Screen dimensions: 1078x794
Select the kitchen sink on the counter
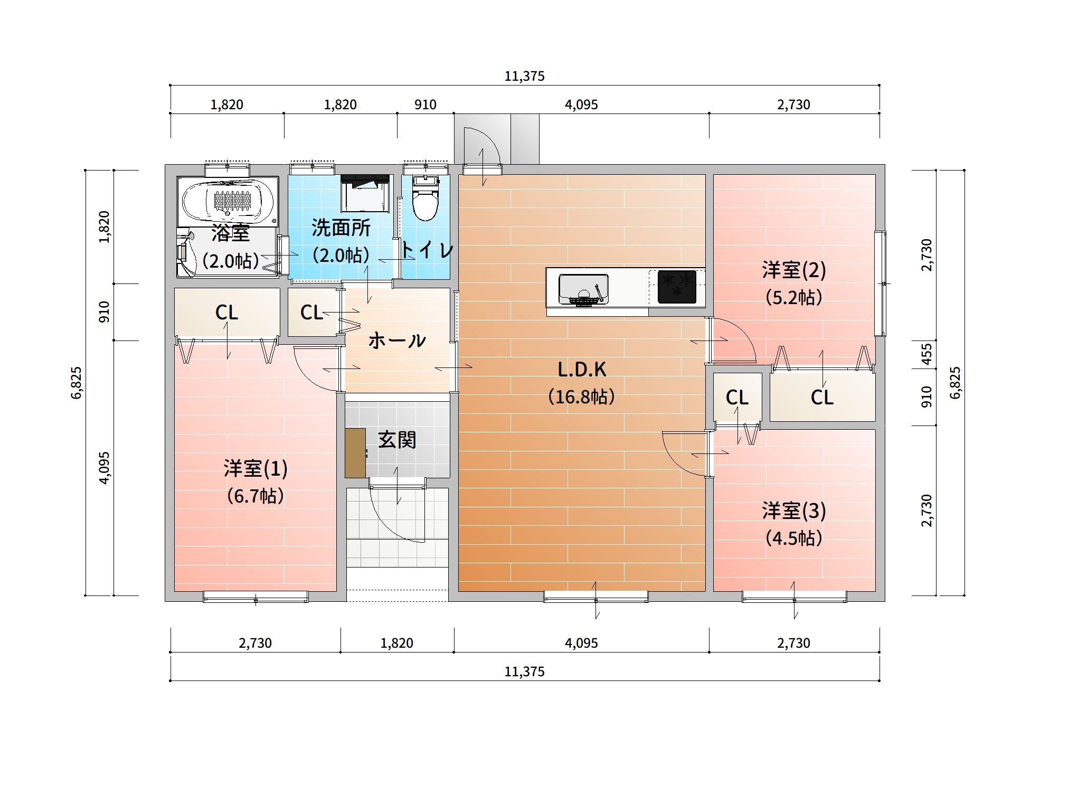tap(583, 290)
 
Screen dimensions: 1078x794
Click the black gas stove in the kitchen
tap(677, 287)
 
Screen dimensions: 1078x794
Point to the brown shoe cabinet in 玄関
tap(355, 453)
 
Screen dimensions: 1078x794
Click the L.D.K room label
tap(582, 370)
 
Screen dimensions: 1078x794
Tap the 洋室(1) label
tap(256, 468)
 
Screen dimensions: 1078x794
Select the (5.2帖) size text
tap(793, 297)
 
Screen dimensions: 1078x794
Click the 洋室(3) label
tap(793, 511)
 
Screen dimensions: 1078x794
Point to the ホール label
tap(397, 341)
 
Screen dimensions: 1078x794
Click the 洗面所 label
tap(341, 228)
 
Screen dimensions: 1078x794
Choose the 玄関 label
tap(397, 440)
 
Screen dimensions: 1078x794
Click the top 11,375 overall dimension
tap(524, 76)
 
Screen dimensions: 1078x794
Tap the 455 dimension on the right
tap(926, 354)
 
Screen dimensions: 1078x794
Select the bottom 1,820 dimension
tap(396, 643)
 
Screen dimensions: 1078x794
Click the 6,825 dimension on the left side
tap(77, 383)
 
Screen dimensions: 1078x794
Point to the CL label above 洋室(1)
tap(226, 313)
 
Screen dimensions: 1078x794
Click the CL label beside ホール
tap(311, 313)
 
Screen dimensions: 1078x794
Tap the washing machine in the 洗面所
tap(365, 193)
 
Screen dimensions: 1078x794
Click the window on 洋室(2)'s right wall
tap(880, 283)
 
